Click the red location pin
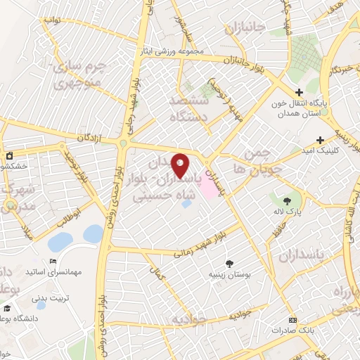click(x=180, y=166)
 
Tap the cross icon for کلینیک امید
click(x=321, y=140)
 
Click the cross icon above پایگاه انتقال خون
click(x=299, y=92)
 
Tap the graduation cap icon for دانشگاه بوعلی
click(x=7, y=308)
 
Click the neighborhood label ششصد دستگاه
click(x=191, y=109)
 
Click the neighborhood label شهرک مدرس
click(x=18, y=200)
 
